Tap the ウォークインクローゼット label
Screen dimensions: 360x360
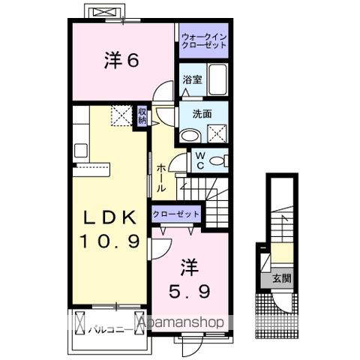pos(203,39)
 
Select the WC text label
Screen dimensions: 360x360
pos(200,160)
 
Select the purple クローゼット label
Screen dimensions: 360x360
pos(177,214)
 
